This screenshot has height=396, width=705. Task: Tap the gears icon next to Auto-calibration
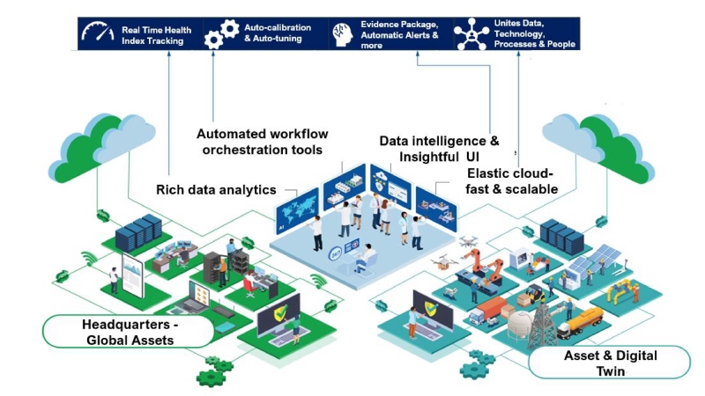point(221,33)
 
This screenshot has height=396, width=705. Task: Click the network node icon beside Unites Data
point(471,33)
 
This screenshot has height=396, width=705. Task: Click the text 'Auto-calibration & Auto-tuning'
point(273,33)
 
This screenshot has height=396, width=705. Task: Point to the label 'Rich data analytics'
point(216,189)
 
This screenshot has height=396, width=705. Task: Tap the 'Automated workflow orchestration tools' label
point(263,142)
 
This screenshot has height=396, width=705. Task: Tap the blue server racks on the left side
point(141,231)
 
